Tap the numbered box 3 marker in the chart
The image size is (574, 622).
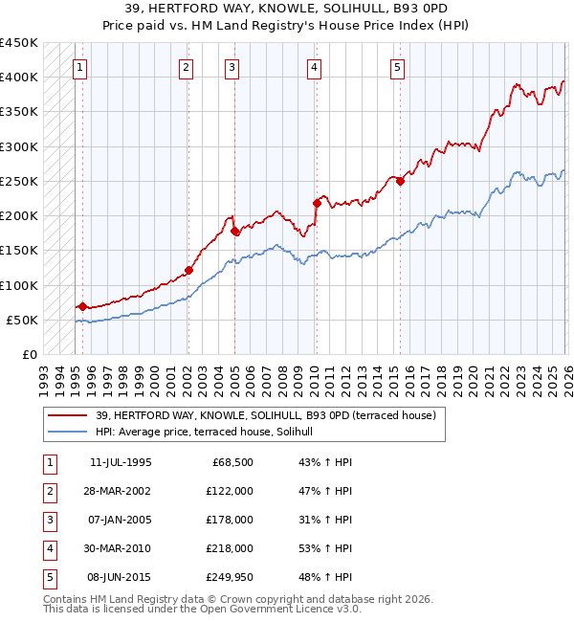click(x=232, y=67)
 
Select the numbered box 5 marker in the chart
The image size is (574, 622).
click(x=397, y=67)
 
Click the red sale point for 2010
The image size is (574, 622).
click(x=317, y=203)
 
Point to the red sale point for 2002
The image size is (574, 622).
click(x=188, y=270)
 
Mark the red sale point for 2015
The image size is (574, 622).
click(x=400, y=181)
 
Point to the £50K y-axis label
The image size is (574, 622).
click(x=22, y=320)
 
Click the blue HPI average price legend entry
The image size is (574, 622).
click(x=211, y=433)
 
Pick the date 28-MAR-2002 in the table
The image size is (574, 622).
click(x=120, y=491)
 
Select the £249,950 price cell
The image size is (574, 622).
click(x=230, y=577)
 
